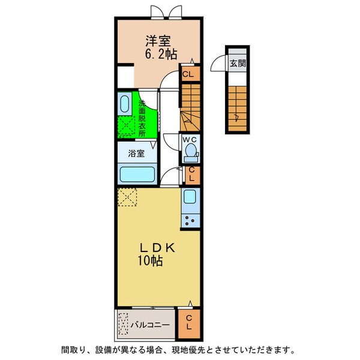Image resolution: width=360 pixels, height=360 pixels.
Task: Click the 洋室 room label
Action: [x=158, y=41]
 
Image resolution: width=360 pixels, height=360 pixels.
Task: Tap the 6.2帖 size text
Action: [x=160, y=54]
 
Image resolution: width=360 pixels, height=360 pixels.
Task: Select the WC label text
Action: [x=191, y=141]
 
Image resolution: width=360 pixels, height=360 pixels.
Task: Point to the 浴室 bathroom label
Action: [x=136, y=153]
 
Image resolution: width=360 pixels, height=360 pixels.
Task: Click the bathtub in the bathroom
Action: [x=137, y=175]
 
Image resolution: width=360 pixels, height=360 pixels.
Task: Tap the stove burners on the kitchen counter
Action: [x=191, y=219]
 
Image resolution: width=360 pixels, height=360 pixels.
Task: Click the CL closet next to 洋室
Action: [x=188, y=75]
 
